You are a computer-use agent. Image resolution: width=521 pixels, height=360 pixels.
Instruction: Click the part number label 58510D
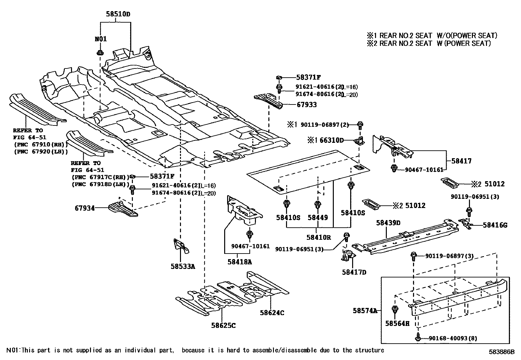point(118,14)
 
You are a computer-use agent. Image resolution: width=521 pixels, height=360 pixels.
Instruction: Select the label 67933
point(307,105)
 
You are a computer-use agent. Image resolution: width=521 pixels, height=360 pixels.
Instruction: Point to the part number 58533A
point(182,267)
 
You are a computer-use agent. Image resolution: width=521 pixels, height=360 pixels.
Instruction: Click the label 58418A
point(240,262)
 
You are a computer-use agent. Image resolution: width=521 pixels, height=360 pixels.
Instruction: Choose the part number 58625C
point(223,325)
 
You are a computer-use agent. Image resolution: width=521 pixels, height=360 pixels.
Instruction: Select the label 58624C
point(272,313)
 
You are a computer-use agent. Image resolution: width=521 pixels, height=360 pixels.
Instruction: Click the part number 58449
point(317,218)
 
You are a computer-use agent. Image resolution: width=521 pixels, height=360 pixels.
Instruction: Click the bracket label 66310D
point(332,141)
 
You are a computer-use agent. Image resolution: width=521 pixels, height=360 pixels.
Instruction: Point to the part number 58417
point(461,161)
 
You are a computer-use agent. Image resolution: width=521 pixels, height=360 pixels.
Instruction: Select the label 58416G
point(495,225)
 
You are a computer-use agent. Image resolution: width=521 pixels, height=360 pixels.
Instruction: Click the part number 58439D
point(388,223)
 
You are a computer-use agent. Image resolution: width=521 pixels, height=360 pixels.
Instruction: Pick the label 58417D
point(354,272)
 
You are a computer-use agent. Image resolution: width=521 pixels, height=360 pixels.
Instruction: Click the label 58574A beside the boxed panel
point(365,310)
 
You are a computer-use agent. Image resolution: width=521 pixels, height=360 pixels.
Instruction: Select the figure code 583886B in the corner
point(502,352)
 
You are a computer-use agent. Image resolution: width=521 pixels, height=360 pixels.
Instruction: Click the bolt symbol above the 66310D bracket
point(360,124)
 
